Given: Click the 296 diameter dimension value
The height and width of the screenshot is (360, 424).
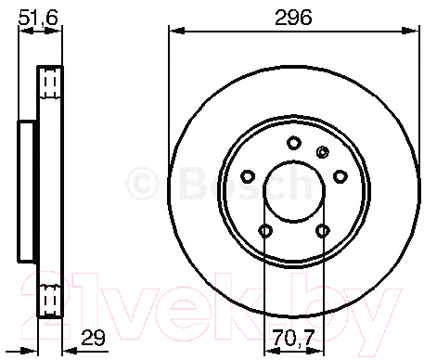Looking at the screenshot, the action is click(293, 18).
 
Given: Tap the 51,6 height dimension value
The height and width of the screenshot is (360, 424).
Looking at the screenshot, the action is click(38, 18).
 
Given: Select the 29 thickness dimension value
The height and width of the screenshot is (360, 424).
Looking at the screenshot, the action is click(93, 338).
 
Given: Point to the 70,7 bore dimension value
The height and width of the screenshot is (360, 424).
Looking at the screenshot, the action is click(293, 338).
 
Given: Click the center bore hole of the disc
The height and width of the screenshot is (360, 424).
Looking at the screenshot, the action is click(294, 191).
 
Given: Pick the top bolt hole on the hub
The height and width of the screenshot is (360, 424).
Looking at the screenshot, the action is click(294, 143).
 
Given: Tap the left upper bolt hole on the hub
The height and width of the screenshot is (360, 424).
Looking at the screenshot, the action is click(248, 176).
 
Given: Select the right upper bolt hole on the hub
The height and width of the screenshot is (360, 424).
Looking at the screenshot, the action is click(340, 176).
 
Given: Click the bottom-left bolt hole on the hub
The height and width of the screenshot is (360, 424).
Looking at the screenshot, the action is click(265, 231).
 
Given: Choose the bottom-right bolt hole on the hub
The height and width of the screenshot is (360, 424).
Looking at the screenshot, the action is click(323, 231).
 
